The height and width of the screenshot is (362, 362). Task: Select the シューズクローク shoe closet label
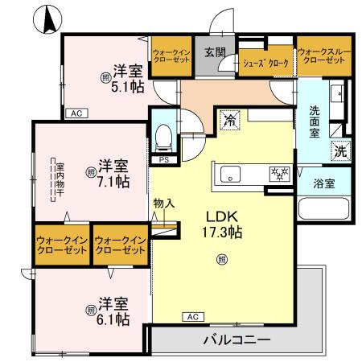click(265, 60)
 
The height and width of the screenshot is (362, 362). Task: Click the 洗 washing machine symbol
click(340, 150)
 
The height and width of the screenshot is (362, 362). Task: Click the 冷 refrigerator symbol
click(230, 122)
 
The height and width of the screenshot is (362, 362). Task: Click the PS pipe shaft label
click(163, 159)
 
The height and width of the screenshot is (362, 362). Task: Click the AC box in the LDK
click(193, 316)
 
